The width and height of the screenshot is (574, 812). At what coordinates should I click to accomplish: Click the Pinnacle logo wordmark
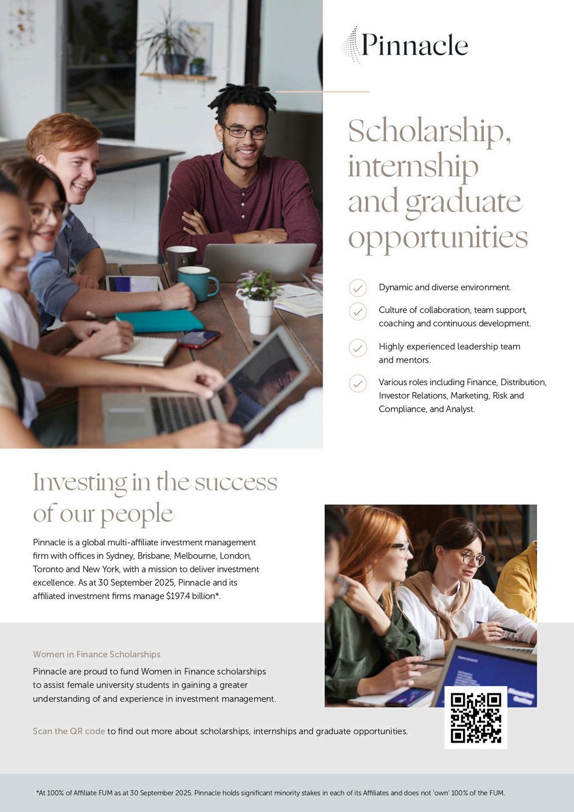414,45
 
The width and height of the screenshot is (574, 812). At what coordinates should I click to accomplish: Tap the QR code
476,717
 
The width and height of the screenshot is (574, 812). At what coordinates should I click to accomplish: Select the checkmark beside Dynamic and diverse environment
358,287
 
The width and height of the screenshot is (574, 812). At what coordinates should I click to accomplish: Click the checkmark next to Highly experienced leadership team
358,348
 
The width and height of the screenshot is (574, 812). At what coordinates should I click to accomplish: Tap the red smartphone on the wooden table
198,338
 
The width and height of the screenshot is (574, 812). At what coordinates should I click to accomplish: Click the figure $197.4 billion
191,596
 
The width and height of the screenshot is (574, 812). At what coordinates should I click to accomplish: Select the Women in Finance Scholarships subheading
97,654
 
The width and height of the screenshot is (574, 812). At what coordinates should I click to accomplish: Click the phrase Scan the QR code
69,731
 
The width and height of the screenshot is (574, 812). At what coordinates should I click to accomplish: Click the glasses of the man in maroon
246,132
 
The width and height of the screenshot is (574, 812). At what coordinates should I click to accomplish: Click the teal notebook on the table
160,320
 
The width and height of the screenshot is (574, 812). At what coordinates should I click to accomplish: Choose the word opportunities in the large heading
438,237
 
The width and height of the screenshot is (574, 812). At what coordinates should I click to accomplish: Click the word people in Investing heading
136,514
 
